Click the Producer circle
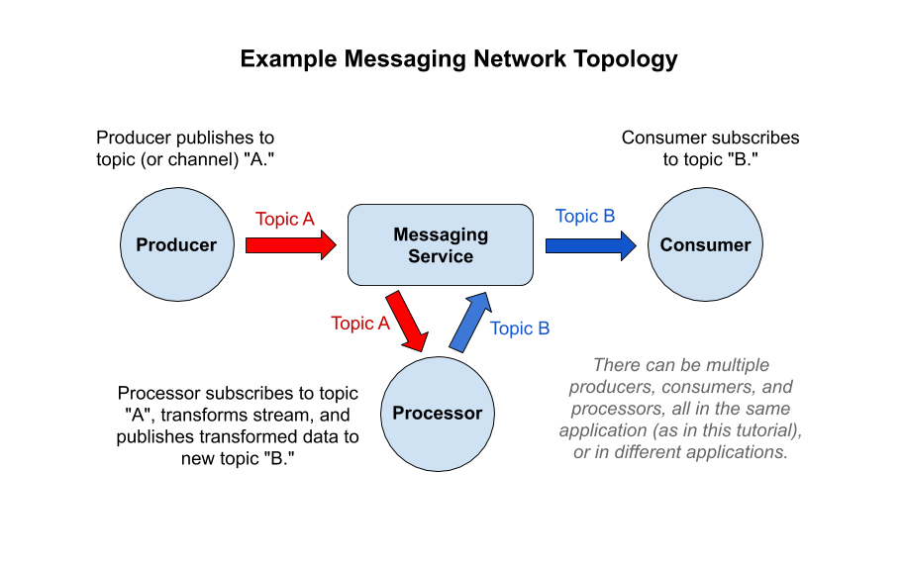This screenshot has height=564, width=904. tap(175, 245)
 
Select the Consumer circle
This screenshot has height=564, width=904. tap(705, 245)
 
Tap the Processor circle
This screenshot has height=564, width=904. tap(437, 414)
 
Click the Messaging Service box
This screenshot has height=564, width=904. tap(441, 245)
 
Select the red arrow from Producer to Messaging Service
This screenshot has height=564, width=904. tap(290, 245)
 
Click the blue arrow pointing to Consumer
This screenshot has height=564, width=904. tap(590, 244)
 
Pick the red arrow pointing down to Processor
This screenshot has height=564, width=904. tap(408, 322)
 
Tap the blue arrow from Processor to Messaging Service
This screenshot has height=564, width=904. tap(468, 322)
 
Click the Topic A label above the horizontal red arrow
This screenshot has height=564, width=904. tap(285, 219)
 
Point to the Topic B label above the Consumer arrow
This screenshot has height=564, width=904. tap(585, 216)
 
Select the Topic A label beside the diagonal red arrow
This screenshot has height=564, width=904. tap(360, 324)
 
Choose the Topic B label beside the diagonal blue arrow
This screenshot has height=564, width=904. tap(520, 329)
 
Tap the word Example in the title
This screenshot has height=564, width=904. tap(287, 59)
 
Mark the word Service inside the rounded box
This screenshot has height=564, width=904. tap(441, 256)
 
